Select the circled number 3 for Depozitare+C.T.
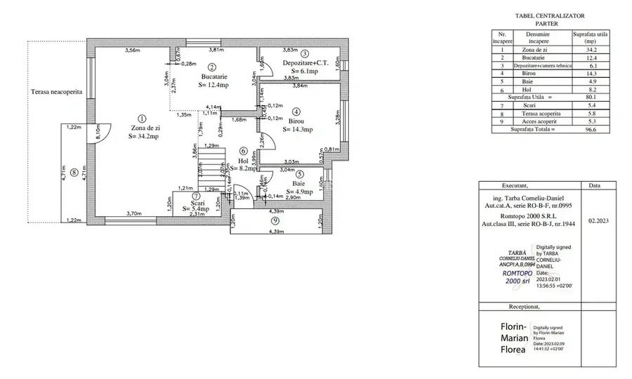tap(305, 53)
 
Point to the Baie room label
tap(299, 183)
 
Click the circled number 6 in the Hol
tap(244, 150)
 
